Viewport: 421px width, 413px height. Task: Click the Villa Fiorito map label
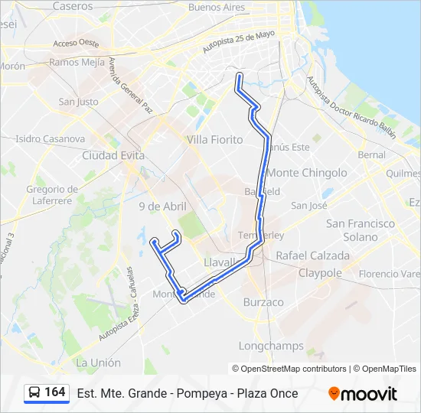pyautogui.click(x=214, y=140)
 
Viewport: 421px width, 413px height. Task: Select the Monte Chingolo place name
pyautogui.click(x=307, y=173)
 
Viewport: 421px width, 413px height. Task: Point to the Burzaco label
pyautogui.click(x=263, y=302)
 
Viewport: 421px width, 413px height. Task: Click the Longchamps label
pyautogui.click(x=271, y=346)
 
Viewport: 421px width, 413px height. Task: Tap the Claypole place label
pyautogui.click(x=320, y=273)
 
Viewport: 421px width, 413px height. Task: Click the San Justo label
pyautogui.click(x=78, y=101)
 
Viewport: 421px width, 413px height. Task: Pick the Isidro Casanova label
pyautogui.click(x=50, y=139)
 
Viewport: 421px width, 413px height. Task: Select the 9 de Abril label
pyautogui.click(x=162, y=206)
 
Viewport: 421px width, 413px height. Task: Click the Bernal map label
pyautogui.click(x=372, y=154)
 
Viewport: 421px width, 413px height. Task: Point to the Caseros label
pyautogui.click(x=72, y=6)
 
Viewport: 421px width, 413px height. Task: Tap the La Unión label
pyautogui.click(x=98, y=363)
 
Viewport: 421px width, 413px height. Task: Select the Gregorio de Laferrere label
pyautogui.click(x=49, y=195)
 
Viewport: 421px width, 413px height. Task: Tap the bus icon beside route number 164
pyautogui.click(x=34, y=393)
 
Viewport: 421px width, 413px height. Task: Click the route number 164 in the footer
pyautogui.click(x=55, y=392)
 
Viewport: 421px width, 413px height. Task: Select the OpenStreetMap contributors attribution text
pyautogui.click(x=293, y=369)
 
